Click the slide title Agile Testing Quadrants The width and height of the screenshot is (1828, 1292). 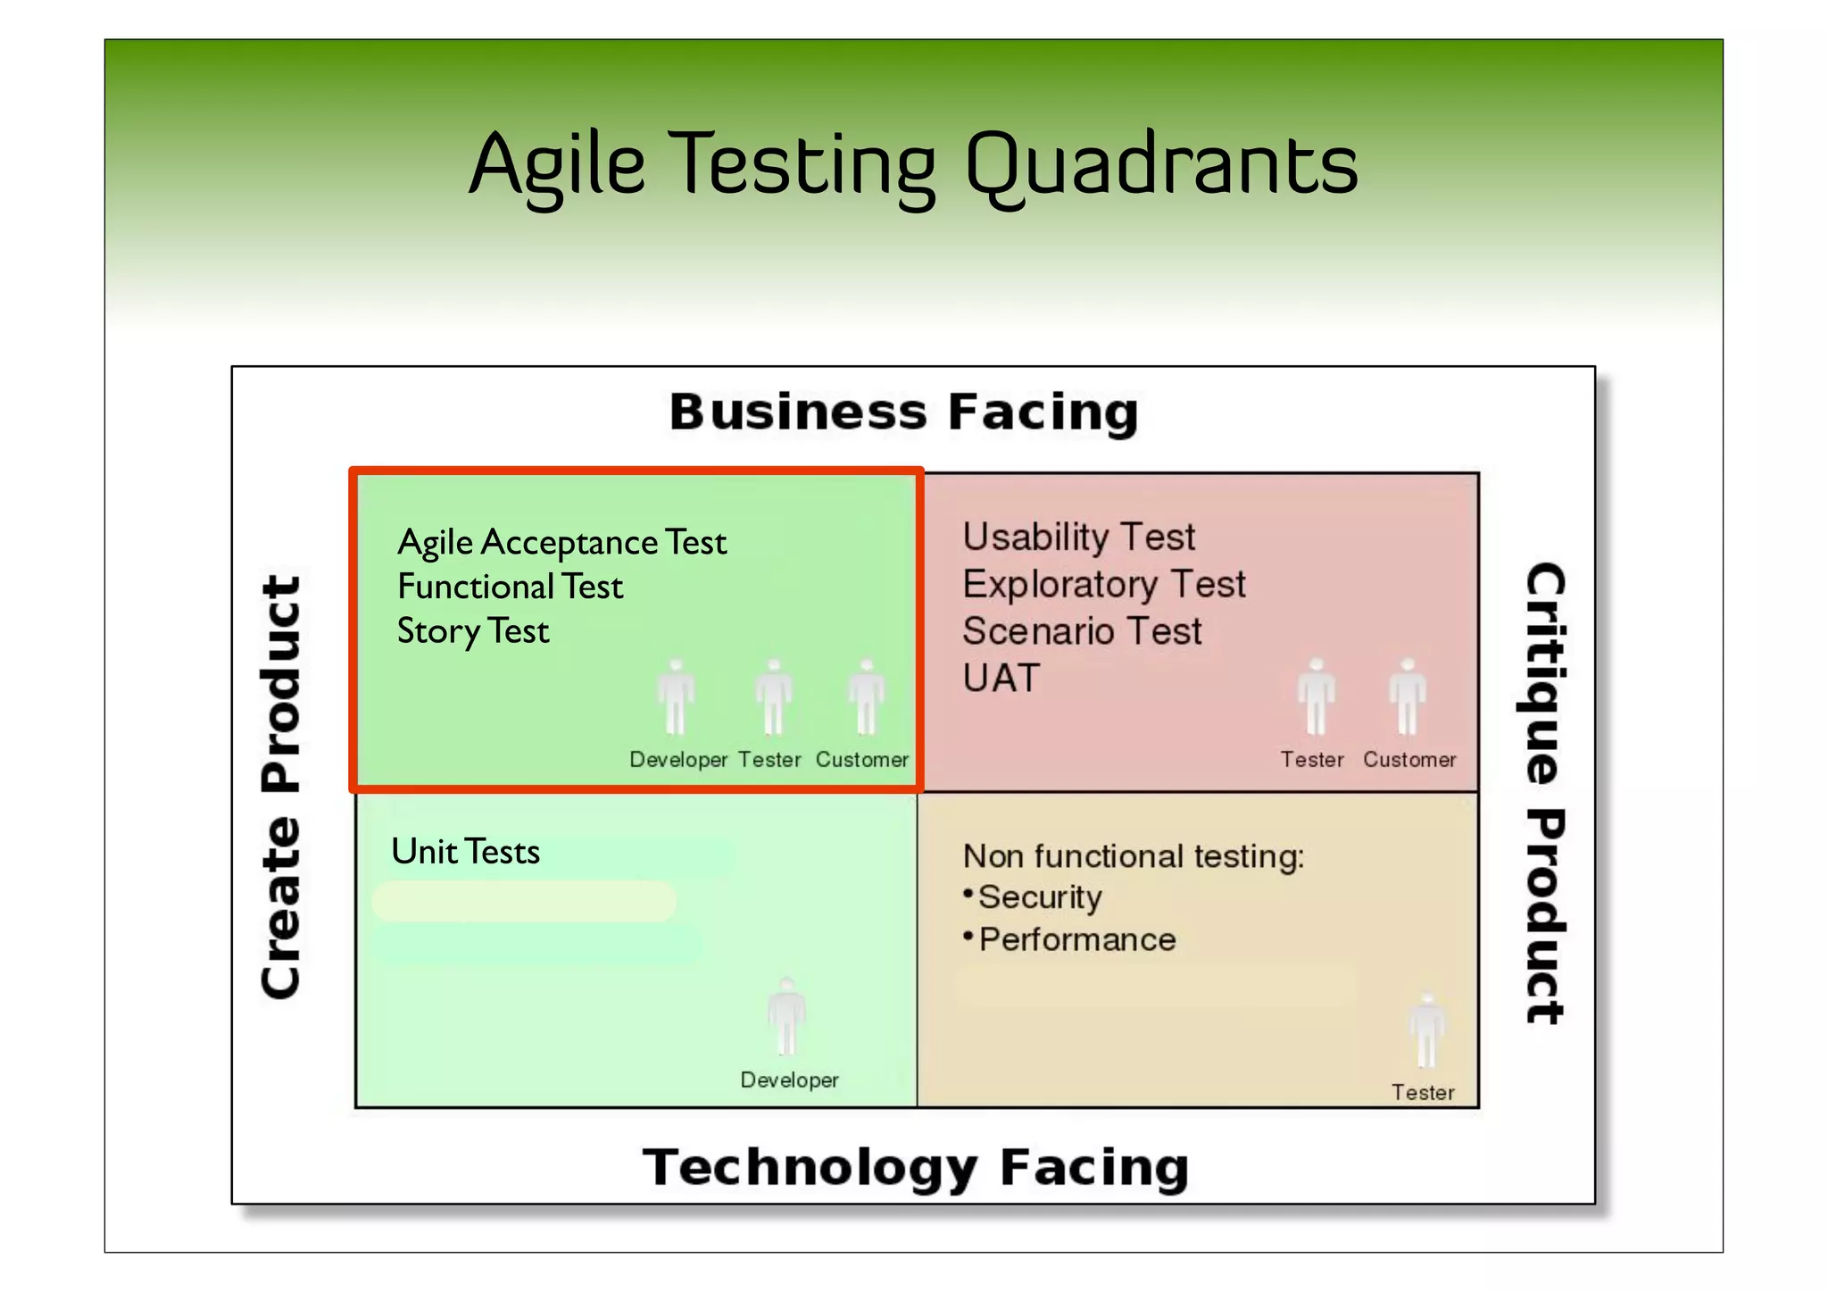pyautogui.click(x=913, y=164)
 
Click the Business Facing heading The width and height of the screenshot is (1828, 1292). pyautogui.click(x=903, y=413)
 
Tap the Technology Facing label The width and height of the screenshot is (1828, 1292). pyautogui.click(x=915, y=1167)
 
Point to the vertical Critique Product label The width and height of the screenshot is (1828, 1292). pyautogui.click(x=1543, y=793)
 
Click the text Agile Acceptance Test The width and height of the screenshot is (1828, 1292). pyautogui.click(x=561, y=542)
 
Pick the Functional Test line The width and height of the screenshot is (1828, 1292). pyautogui.click(x=510, y=587)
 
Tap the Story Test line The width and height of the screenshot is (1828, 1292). pyautogui.click(x=472, y=631)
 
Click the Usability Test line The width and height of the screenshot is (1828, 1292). pyautogui.click(x=1078, y=537)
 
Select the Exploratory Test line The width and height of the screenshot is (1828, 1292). pyautogui.click(x=1103, y=584)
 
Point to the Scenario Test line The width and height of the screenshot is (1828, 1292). pyautogui.click(x=1082, y=631)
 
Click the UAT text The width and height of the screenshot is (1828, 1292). pyautogui.click(x=1001, y=679)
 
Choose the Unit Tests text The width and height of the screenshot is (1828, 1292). pyautogui.click(x=465, y=852)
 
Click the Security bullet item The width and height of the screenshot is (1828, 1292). pyautogui.click(x=1040, y=897)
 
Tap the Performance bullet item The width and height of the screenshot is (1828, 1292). pyautogui.click(x=1076, y=939)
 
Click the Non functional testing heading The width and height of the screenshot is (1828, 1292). pyautogui.click(x=1133, y=856)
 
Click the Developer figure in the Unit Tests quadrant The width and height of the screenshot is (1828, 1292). pyautogui.click(x=786, y=1018)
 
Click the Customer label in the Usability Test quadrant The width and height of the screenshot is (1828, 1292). pyautogui.click(x=1408, y=760)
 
